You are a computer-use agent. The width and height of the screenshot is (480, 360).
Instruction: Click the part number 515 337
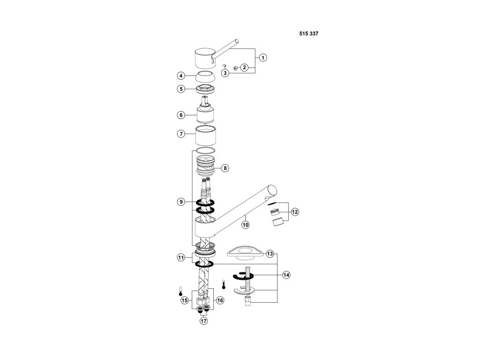pos(308,34)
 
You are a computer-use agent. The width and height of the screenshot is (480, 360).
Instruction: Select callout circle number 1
pos(263,58)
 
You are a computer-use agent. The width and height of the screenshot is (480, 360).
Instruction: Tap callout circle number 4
pos(180,75)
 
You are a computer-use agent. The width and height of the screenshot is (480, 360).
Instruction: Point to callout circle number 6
pos(180,115)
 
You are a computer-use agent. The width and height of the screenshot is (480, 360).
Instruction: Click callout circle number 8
pos(225,167)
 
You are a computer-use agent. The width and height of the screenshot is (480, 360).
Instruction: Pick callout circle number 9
pos(180,202)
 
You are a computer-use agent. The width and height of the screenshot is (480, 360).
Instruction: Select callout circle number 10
pos(245,225)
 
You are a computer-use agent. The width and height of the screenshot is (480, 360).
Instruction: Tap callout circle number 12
pos(294,212)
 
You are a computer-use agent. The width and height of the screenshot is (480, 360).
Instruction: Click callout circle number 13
pos(270,254)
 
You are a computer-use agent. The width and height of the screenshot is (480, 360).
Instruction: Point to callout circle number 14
pos(286,275)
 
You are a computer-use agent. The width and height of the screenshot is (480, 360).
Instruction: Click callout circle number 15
pos(184,300)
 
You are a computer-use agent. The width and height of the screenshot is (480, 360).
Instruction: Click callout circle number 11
pos(180,257)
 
